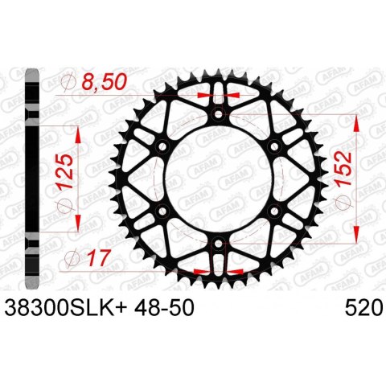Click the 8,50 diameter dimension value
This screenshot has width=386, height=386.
tap(104, 82)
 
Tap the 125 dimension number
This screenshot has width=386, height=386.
tap(64, 172)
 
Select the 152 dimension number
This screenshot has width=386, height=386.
tap(343, 169)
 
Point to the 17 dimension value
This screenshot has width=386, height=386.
tap(99, 258)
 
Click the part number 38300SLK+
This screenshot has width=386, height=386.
tap(66, 308)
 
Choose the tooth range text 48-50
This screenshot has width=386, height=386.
tap(164, 308)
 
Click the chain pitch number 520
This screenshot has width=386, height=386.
tap(363, 308)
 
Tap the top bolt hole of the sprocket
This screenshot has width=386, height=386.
tap(219, 114)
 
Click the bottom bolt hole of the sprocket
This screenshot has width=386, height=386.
tap(219, 244)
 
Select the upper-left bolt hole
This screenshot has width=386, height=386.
tap(162, 146)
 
